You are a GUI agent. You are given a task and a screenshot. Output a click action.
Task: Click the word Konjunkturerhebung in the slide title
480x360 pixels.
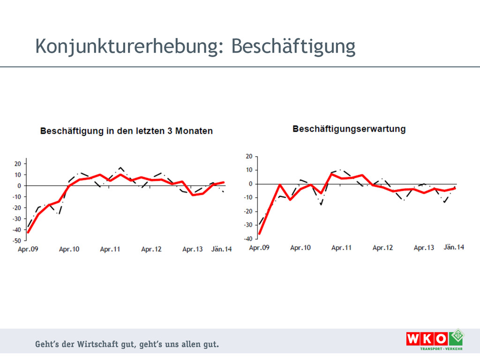[126, 47]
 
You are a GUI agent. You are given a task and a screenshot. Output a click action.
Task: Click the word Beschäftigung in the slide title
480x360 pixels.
[293, 47]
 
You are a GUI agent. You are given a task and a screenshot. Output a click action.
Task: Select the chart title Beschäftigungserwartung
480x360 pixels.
[349, 129]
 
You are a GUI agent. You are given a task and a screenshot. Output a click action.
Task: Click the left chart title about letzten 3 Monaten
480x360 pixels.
[126, 131]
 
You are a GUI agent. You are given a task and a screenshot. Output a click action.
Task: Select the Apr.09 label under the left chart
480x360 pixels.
[28, 249]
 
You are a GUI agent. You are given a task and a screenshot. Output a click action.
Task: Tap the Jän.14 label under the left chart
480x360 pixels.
[221, 249]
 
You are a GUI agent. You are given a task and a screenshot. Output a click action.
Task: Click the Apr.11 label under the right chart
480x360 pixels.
[341, 247]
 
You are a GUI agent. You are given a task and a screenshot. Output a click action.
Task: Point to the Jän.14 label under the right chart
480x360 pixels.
[454, 247]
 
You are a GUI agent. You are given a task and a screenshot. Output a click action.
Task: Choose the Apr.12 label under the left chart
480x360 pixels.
[151, 249]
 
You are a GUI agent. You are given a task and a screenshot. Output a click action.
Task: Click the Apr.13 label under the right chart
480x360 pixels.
[424, 247]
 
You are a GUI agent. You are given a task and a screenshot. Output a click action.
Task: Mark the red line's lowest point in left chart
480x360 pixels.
[28, 232]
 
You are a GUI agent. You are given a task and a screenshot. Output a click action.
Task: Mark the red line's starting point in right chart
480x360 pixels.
[260, 233]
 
